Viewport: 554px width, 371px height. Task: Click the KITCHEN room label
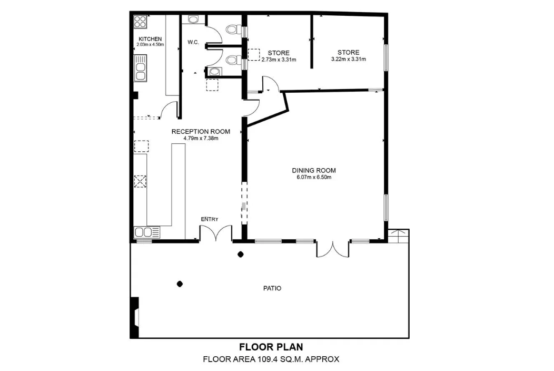click(150, 39)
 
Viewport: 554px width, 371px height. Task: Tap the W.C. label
click(193, 43)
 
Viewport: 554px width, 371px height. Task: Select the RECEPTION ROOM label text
click(201, 132)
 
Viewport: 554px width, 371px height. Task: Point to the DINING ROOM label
click(314, 170)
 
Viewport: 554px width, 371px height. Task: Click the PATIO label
click(272, 288)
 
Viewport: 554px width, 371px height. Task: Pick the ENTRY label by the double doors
click(210, 219)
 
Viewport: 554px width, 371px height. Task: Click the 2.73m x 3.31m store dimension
click(279, 60)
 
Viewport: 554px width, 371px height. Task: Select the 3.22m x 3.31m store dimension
click(349, 59)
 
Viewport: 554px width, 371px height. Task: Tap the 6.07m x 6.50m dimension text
click(314, 177)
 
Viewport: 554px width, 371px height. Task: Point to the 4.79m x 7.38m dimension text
click(201, 138)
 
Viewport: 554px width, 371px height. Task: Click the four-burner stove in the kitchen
click(140, 22)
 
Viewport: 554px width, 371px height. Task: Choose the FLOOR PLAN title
click(271, 347)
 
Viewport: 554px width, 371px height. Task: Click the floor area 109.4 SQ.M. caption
click(271, 359)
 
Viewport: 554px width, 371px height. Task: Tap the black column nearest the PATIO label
click(180, 284)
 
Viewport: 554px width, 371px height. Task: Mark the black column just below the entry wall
click(241, 254)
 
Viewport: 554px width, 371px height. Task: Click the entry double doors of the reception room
click(216, 233)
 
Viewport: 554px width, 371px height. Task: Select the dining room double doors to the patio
click(332, 249)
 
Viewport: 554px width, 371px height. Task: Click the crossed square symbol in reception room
click(140, 181)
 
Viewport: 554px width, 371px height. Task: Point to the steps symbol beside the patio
click(399, 236)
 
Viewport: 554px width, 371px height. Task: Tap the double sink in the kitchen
click(140, 69)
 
